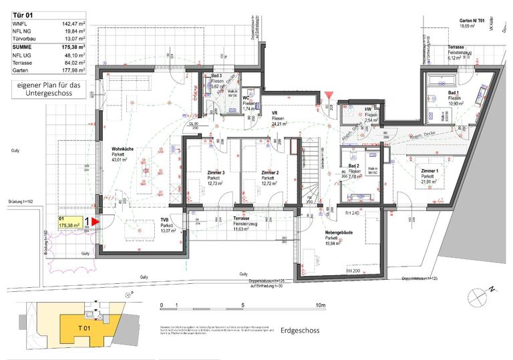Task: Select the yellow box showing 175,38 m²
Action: point(70,222)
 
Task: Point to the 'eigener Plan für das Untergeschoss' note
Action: point(45,90)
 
